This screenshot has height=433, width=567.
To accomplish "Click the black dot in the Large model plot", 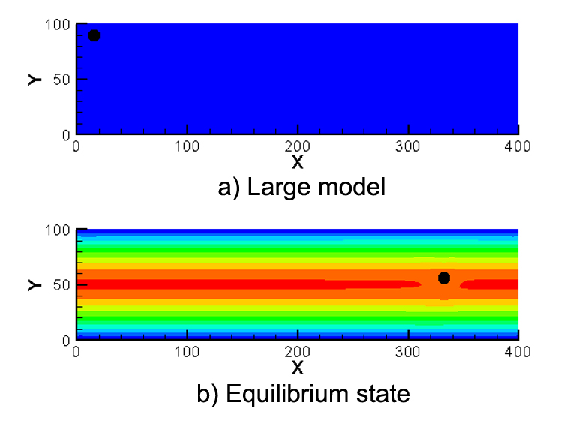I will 94,35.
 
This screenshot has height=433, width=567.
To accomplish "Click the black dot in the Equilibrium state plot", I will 444,278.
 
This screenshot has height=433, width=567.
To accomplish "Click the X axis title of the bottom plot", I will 298,367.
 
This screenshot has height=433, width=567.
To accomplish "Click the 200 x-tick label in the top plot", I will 298,146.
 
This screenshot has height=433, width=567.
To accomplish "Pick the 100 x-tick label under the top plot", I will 187,146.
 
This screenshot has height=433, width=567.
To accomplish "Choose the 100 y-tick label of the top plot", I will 60,24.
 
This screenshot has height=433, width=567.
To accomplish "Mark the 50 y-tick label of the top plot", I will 64,79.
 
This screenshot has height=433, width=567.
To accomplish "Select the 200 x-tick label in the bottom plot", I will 298,351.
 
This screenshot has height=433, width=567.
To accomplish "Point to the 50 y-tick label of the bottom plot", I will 64,285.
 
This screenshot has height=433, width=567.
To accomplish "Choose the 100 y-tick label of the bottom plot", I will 60,230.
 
